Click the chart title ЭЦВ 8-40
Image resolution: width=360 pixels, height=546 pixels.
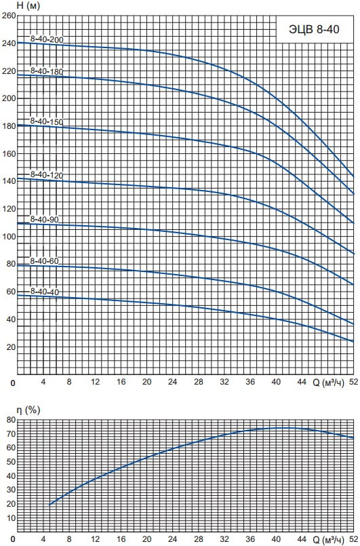coord(314,30)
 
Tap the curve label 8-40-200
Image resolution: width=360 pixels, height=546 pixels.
coord(47,39)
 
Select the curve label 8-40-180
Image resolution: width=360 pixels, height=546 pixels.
coord(47,71)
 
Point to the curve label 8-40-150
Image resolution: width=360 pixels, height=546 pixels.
coord(47,121)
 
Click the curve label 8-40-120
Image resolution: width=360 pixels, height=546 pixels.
coord(47,174)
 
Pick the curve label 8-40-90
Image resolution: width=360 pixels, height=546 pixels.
coord(44,219)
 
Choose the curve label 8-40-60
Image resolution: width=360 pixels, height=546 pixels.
coord(44,261)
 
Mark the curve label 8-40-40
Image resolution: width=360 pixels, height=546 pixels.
coord(44,292)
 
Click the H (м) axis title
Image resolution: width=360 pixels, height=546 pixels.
coord(28,6)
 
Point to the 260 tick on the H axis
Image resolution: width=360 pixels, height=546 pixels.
coord(9,16)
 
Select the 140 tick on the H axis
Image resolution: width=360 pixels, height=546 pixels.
coord(9,181)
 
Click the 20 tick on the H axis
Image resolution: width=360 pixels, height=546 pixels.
coord(11,347)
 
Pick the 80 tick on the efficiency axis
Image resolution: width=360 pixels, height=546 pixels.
coord(11,420)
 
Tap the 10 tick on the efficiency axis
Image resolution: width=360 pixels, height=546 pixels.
coord(11,518)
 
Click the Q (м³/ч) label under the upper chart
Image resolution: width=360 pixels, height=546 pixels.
coord(328,383)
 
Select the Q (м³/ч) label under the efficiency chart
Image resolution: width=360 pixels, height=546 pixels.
coord(328,540)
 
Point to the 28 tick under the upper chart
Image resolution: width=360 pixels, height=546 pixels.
coord(199,382)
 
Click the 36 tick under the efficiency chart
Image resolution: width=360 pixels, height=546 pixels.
coord(250,540)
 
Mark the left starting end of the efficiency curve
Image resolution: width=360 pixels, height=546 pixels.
coord(49,504)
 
